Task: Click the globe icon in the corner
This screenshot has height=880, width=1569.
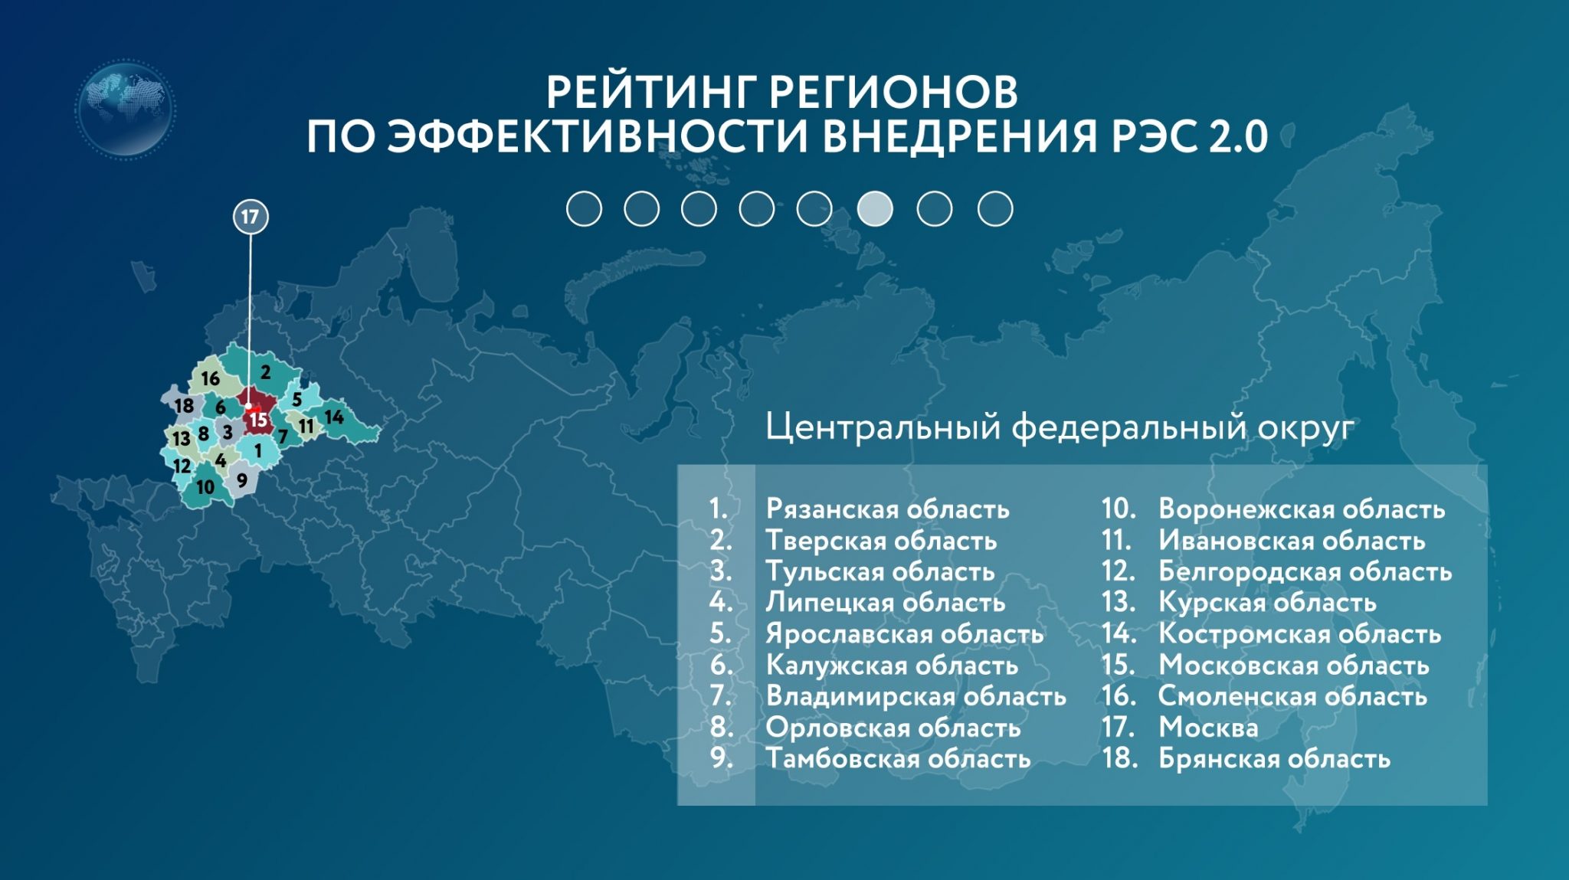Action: click(x=126, y=110)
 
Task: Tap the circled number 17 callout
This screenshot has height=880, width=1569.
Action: click(x=251, y=217)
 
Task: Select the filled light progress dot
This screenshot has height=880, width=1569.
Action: click(x=875, y=208)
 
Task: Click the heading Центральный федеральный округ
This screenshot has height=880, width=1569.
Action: click(x=1060, y=427)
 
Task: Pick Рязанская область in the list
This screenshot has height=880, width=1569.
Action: click(x=888, y=509)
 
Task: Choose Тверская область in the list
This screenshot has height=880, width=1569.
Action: click(x=882, y=541)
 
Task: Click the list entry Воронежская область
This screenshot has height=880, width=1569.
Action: click(x=1302, y=509)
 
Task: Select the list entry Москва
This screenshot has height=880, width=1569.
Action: click(x=1208, y=727)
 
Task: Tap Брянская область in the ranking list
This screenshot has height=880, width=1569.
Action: click(x=1274, y=758)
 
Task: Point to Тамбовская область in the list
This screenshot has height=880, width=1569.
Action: click(x=899, y=758)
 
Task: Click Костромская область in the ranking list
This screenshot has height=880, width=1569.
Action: click(x=1300, y=634)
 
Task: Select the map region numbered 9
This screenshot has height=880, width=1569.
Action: click(x=243, y=480)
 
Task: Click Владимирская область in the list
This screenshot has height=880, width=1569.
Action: click(x=916, y=696)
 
